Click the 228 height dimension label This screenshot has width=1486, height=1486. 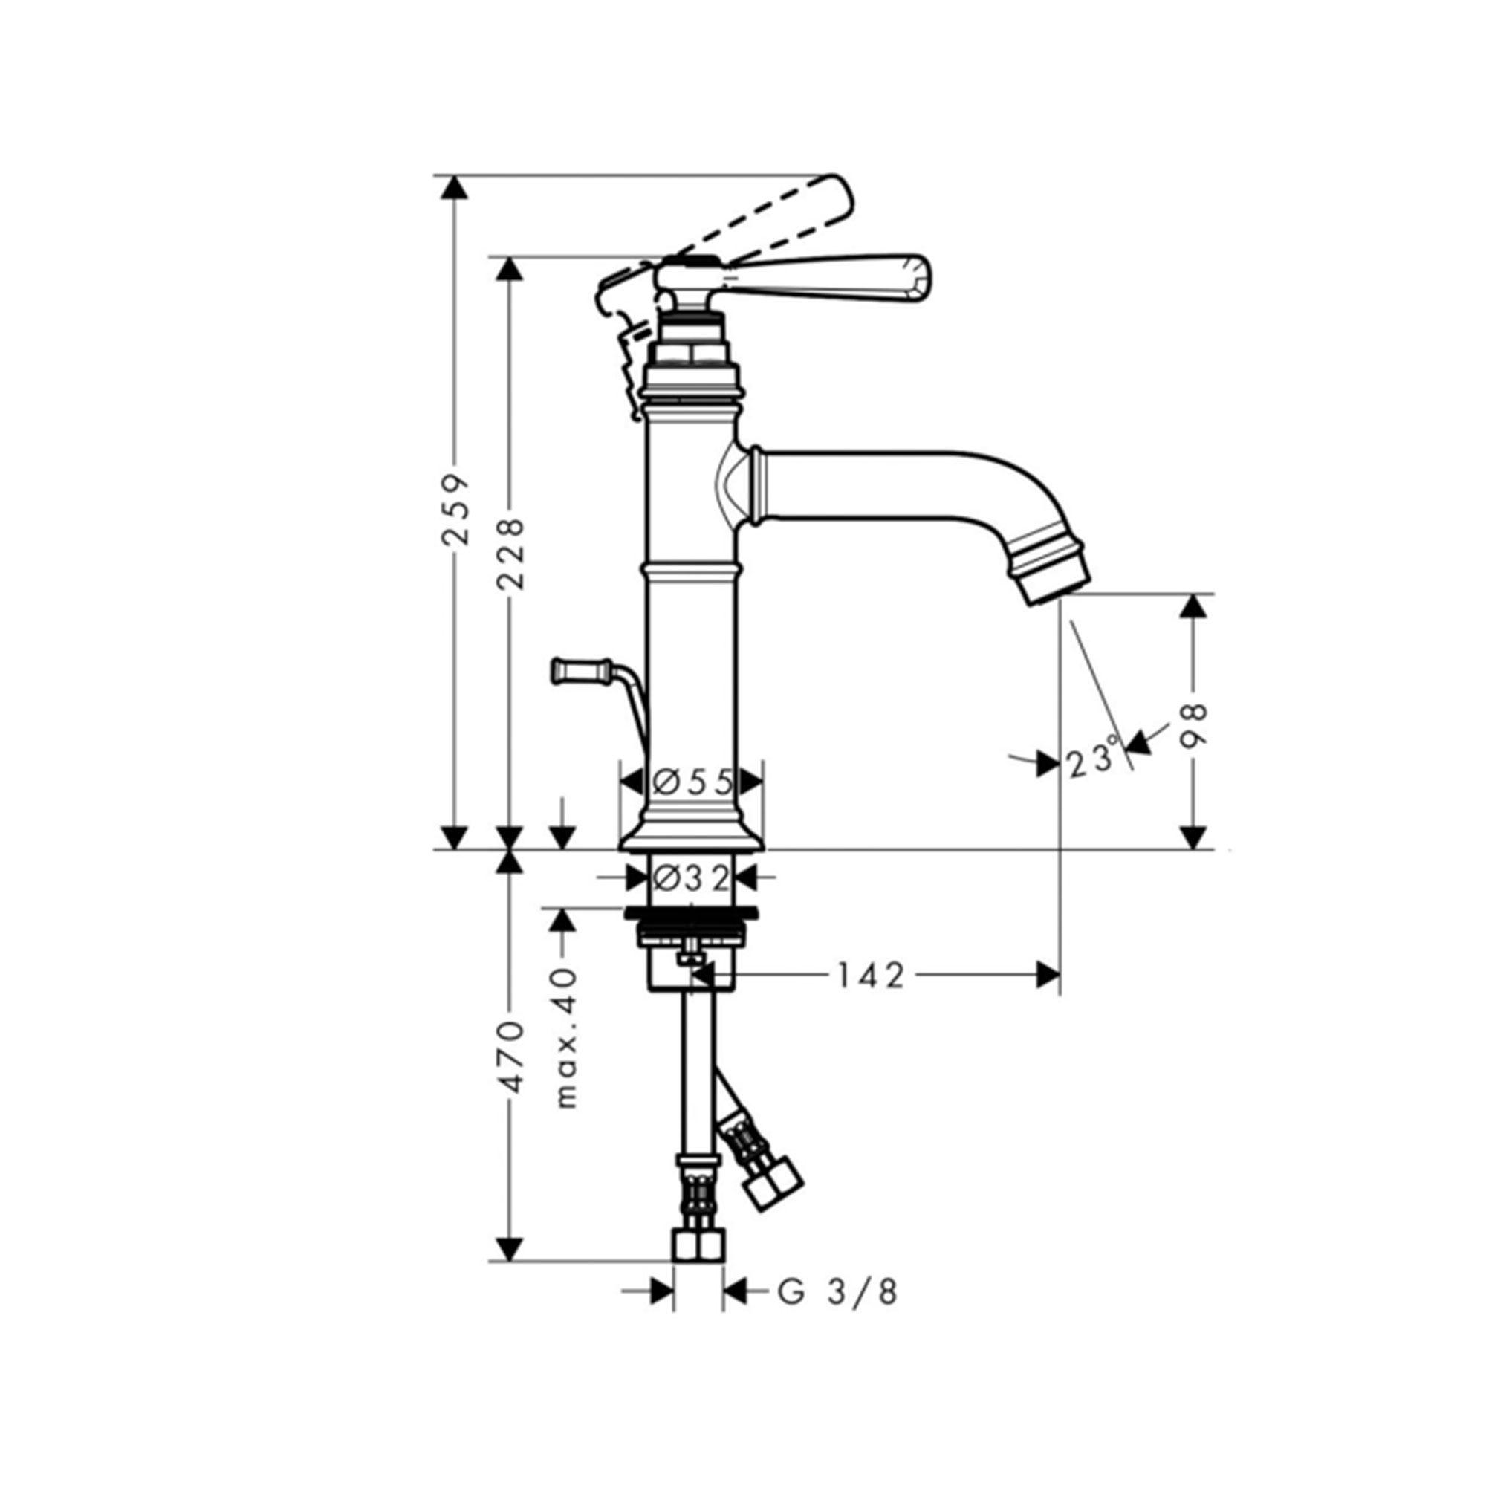(510, 554)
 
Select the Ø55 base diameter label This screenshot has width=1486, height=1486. (692, 782)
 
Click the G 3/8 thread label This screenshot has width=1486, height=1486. (837, 1293)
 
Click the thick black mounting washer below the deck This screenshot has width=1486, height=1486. (692, 914)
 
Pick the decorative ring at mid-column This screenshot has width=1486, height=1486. (692, 570)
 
